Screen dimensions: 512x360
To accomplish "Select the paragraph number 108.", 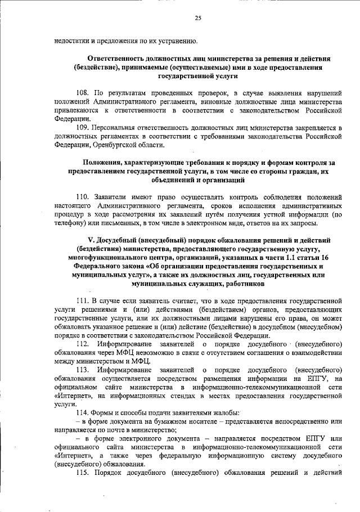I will [83, 91].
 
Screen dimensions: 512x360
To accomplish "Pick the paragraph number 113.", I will [83, 369].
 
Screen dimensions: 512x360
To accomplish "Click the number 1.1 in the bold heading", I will [285, 258].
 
